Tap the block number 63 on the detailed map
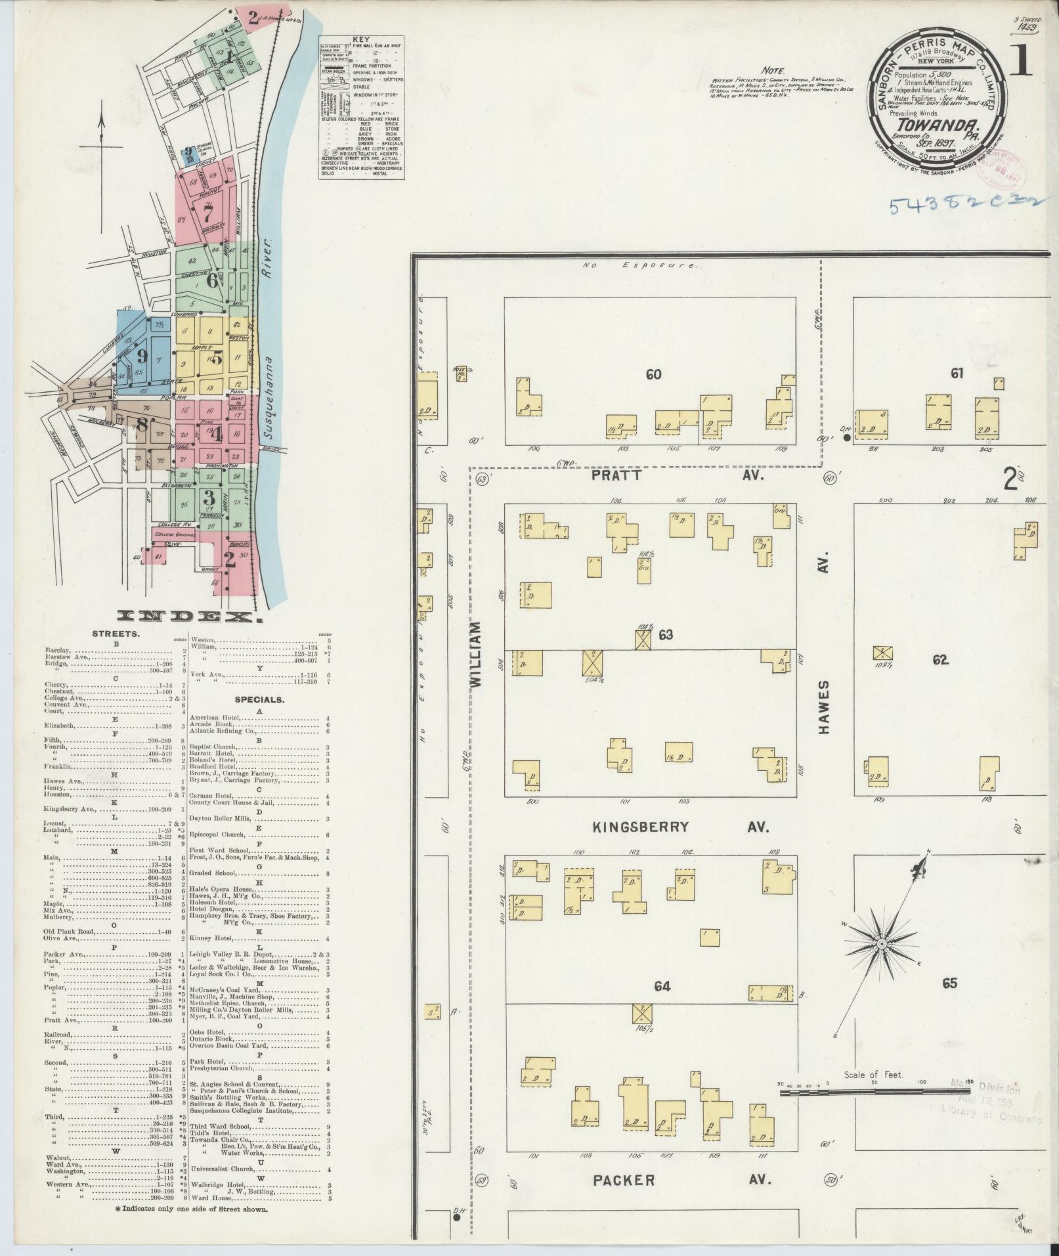tap(666, 634)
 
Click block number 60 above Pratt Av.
tap(653, 375)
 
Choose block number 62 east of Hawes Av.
tap(940, 660)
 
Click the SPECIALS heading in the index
tap(259, 700)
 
